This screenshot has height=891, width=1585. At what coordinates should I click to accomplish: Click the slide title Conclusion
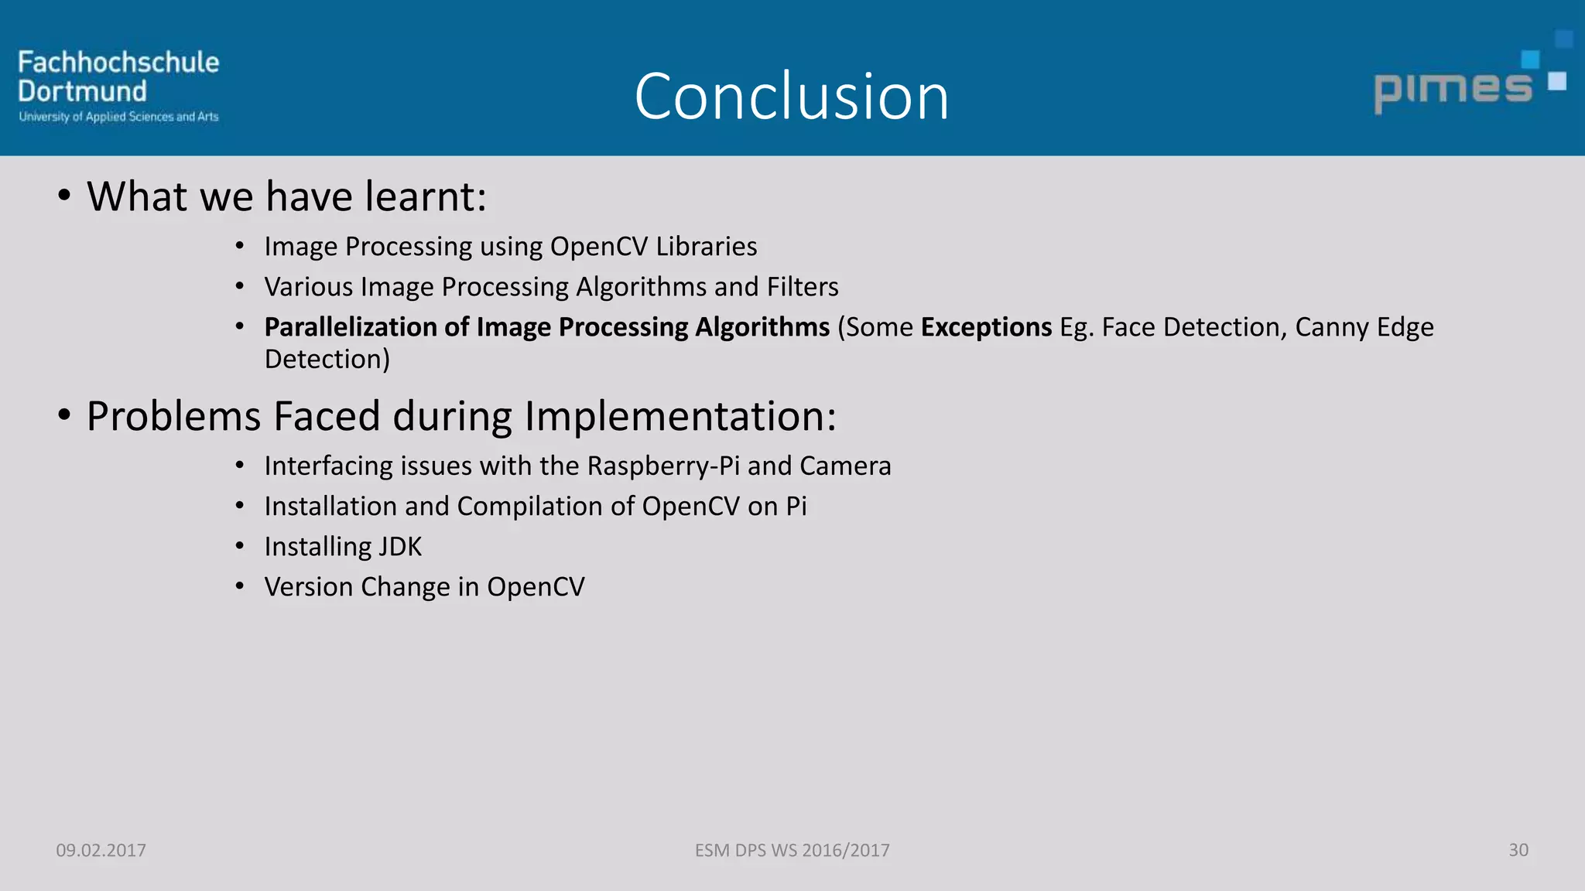tap(791, 97)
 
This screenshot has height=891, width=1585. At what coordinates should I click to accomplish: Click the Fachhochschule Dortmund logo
tap(118, 85)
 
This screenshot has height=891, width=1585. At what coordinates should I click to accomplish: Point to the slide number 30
tap(1518, 850)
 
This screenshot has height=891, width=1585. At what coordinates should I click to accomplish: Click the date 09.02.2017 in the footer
tap(101, 850)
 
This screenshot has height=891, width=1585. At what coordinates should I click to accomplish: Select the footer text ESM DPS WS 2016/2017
tap(792, 850)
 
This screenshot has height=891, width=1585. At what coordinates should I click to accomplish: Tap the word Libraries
tap(706, 246)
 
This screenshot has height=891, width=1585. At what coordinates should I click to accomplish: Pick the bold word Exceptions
tap(986, 327)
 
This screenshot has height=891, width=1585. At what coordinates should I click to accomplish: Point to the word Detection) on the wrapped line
tap(327, 360)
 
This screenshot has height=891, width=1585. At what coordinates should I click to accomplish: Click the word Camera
tap(845, 466)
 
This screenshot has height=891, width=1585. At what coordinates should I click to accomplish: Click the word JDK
tap(400, 547)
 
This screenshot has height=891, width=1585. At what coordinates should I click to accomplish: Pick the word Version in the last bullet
tap(309, 587)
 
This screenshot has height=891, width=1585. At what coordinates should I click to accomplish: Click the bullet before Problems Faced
tap(64, 416)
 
